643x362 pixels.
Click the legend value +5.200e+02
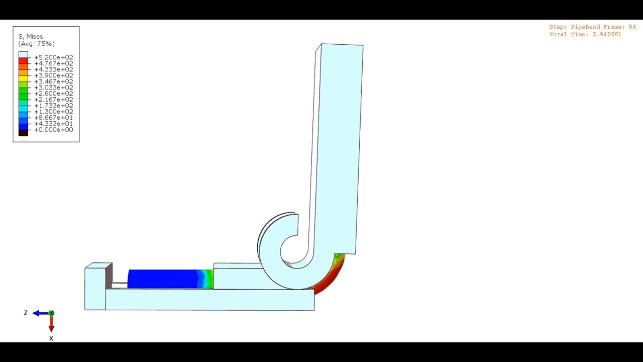pyautogui.click(x=53, y=57)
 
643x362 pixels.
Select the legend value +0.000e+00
pyautogui.click(x=53, y=130)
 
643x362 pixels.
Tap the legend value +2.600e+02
pyautogui.click(x=53, y=94)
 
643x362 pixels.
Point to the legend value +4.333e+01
pyautogui.click(x=53, y=124)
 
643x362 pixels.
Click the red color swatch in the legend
pyautogui.click(x=23, y=61)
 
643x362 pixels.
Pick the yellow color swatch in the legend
pyautogui.click(x=23, y=79)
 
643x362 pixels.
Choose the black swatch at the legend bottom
pyautogui.click(x=23, y=133)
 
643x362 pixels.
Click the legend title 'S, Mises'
pyautogui.click(x=31, y=37)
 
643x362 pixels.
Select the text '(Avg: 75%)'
pyautogui.click(x=36, y=44)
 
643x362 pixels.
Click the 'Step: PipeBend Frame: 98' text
pyautogui.click(x=592, y=27)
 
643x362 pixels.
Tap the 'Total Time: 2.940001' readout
pyautogui.click(x=585, y=35)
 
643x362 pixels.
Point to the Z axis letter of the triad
pyautogui.click(x=26, y=313)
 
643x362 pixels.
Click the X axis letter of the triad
pyautogui.click(x=51, y=338)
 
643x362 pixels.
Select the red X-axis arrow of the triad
pyautogui.click(x=51, y=324)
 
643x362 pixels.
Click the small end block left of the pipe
pyautogui.click(x=95, y=288)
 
